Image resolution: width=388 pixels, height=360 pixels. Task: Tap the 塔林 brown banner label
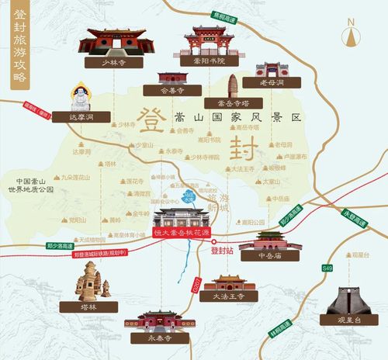[x=90, y=306]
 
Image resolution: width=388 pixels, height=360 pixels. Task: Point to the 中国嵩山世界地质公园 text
[x=29, y=185]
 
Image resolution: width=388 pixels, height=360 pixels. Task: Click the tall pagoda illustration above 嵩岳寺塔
[x=234, y=86]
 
